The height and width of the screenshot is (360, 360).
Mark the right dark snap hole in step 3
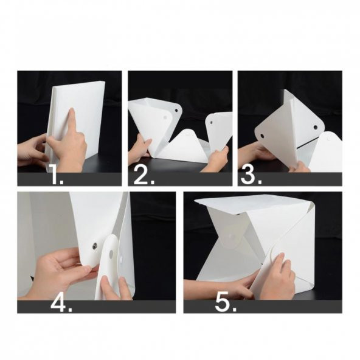316,126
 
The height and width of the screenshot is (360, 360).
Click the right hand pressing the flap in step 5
278,277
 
